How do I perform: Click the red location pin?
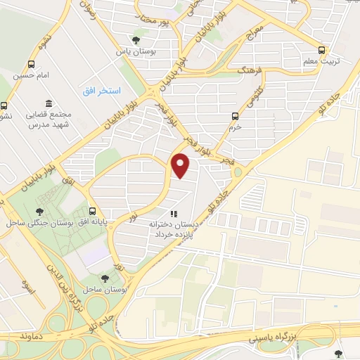click(x=181, y=166)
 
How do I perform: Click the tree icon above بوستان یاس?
click(x=136, y=40)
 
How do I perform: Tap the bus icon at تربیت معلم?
click(x=322, y=50)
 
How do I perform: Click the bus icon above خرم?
click(x=236, y=116)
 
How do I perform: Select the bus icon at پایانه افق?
click(x=92, y=210)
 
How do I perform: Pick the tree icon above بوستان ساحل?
click(x=105, y=258)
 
